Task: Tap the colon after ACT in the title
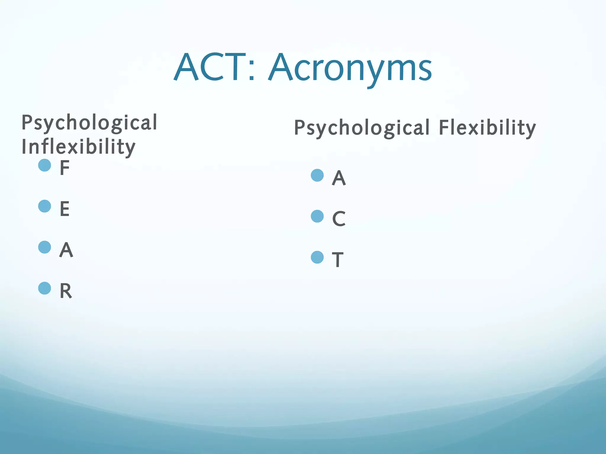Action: [252, 72]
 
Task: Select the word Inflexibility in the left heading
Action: [78, 147]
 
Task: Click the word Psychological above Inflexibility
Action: [89, 123]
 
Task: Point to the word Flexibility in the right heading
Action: [487, 128]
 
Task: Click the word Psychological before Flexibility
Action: [362, 128]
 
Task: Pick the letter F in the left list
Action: [65, 168]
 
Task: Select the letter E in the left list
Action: [65, 209]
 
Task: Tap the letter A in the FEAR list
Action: [66, 250]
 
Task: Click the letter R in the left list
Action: [66, 291]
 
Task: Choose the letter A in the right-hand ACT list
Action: [339, 178]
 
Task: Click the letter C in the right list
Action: [339, 219]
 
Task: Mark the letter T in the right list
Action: [338, 260]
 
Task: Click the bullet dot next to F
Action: [45, 165]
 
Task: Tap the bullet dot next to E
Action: [45, 206]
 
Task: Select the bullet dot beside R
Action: [45, 288]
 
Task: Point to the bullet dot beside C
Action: [317, 216]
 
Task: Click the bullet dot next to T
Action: [317, 257]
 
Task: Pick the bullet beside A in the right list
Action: [317, 175]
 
